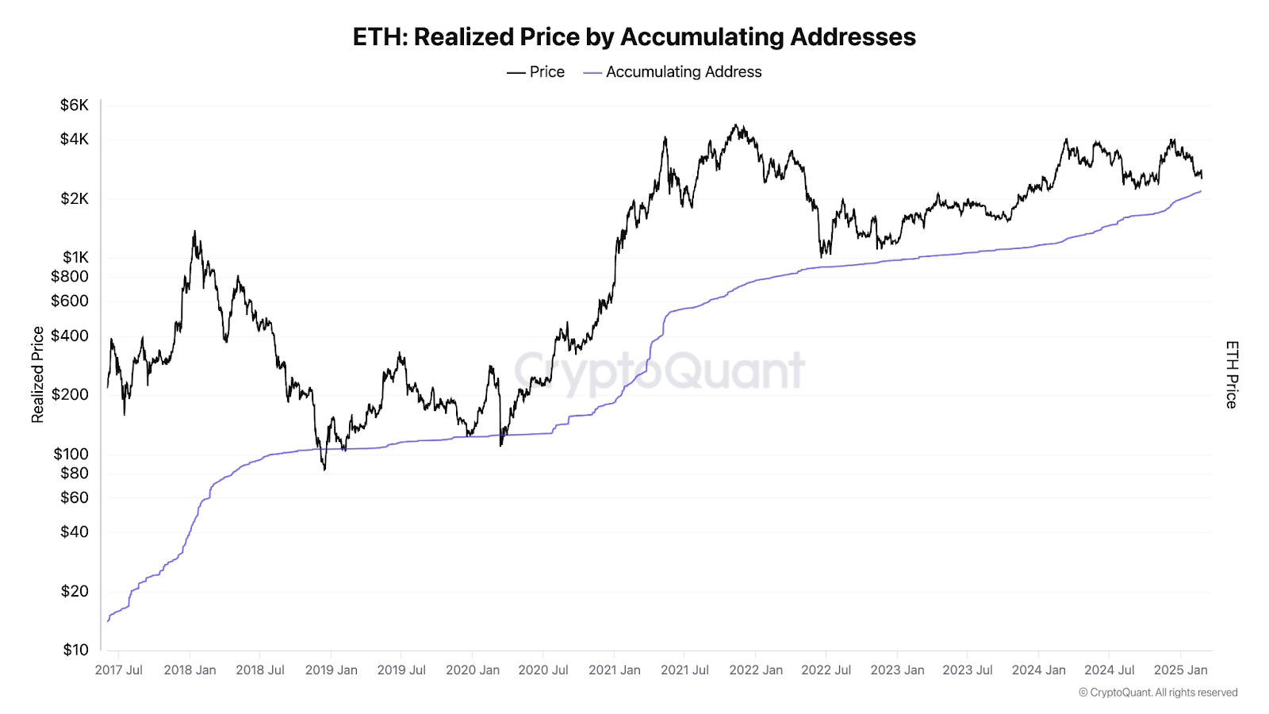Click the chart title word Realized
[466, 37]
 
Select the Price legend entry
[536, 72]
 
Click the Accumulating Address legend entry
[673, 72]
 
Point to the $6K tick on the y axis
[75, 106]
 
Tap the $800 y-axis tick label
[70, 277]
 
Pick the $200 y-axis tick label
[70, 394]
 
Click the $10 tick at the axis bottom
[76, 650]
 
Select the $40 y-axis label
[75, 532]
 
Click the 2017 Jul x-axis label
[119, 670]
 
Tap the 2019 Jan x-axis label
[332, 670]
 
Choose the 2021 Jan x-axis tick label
[615, 670]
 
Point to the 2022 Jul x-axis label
[826, 670]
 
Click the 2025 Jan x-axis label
[1180, 670]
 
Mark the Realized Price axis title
[37, 374]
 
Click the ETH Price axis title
[1231, 374]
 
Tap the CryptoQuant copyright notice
[1158, 693]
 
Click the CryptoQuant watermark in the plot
[660, 370]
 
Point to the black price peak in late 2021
[736, 125]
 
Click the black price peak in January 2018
[194, 232]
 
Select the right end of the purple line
[1201, 191]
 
